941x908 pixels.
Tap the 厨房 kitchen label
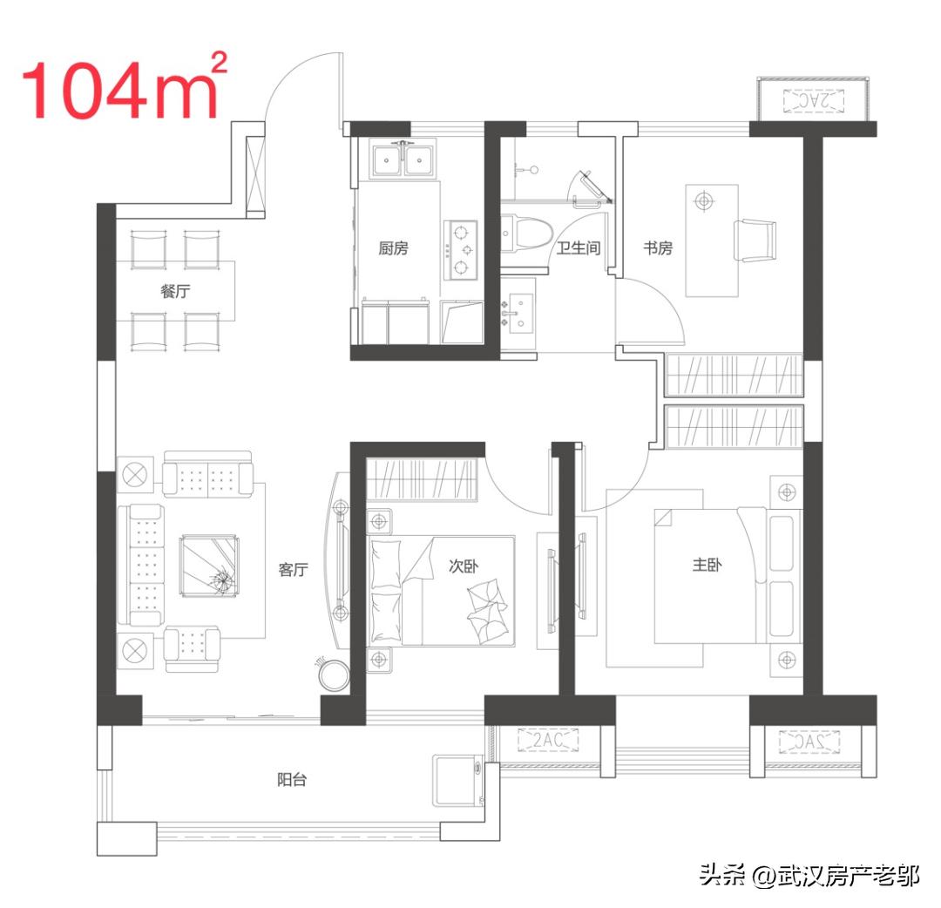pos(393,248)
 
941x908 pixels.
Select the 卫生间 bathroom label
pos(579,248)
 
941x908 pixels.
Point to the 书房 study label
pos(658,248)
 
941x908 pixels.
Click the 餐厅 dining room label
pos(174,292)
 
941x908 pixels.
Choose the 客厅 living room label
pos(294,570)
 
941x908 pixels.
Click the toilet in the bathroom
pos(525,234)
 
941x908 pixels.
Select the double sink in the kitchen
pos(404,159)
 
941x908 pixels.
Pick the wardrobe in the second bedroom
pos(423,479)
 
